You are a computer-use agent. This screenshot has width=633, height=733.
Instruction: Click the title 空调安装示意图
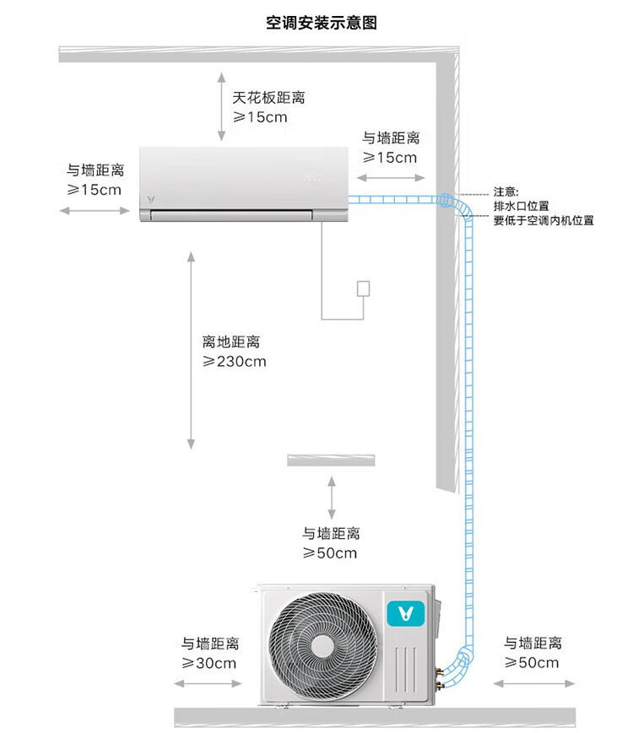point(322,23)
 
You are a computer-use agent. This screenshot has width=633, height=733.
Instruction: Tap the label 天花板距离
point(269,98)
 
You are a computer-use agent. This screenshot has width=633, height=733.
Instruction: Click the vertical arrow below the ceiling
point(221,105)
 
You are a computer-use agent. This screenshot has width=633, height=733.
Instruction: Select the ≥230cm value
point(235,362)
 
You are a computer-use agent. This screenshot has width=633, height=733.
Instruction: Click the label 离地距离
point(231,342)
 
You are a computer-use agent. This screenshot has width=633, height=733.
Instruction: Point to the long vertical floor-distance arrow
point(192,349)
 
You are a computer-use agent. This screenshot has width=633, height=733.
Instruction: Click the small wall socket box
point(364,288)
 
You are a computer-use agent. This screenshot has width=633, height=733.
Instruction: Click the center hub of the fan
point(322,645)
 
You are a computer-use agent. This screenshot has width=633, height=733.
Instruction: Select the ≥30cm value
point(209,664)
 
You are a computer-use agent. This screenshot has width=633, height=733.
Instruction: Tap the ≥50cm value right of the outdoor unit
point(532,663)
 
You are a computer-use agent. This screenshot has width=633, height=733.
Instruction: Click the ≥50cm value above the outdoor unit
point(330,553)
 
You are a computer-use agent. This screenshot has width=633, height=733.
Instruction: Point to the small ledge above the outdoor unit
point(331,460)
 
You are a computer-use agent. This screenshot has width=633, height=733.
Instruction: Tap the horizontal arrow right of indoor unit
point(391,178)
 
